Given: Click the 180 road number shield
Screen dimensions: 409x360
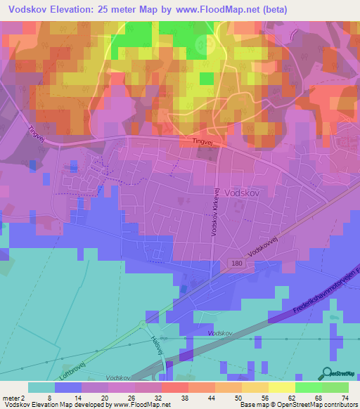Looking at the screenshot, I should (x=237, y=263).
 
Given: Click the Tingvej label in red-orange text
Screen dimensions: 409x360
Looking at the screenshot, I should (x=202, y=141).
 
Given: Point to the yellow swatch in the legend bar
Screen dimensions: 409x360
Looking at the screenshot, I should (x=281, y=387).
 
